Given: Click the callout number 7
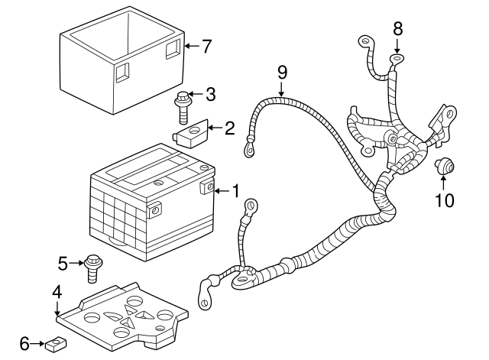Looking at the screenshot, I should tap(206, 46).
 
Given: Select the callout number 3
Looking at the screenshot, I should tap(210, 95).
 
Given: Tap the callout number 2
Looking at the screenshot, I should tap(228, 128).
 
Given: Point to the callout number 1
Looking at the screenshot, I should tap(236, 190).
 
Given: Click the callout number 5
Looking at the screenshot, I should tap(63, 264).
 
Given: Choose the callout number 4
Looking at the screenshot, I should tap(57, 291).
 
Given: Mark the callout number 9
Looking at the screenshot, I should tap(282, 73).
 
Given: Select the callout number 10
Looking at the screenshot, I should tap(444, 200).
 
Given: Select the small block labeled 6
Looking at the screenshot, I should tap(53, 345).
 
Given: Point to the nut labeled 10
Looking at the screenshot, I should tap(444, 164).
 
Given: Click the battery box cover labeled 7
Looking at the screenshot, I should tap(122, 65).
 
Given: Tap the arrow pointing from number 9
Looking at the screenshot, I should tap(282, 89).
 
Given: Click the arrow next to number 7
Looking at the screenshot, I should tap(189, 46).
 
